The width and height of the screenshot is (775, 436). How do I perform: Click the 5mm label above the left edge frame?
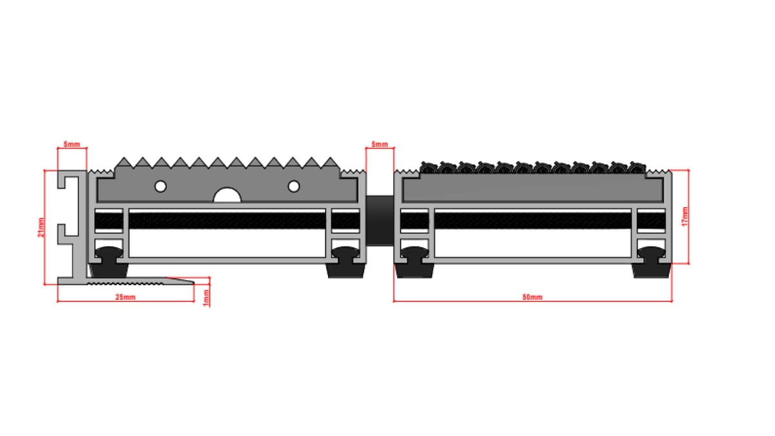coord(72,144)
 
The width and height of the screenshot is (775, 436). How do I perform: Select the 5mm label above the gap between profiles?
coord(380,144)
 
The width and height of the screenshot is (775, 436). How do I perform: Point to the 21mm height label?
coord(41,227)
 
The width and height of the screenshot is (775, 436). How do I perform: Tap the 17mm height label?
coord(685,216)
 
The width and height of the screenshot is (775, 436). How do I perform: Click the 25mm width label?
coord(125,297)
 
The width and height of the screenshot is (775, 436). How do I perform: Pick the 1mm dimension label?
coord(206,298)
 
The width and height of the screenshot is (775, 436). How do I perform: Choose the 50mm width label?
coord(532,297)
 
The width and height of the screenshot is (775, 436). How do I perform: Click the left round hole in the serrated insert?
coord(161,187)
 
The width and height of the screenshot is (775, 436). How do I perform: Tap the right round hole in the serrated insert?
coord(294,187)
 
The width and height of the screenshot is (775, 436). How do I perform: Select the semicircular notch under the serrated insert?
coord(227,196)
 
